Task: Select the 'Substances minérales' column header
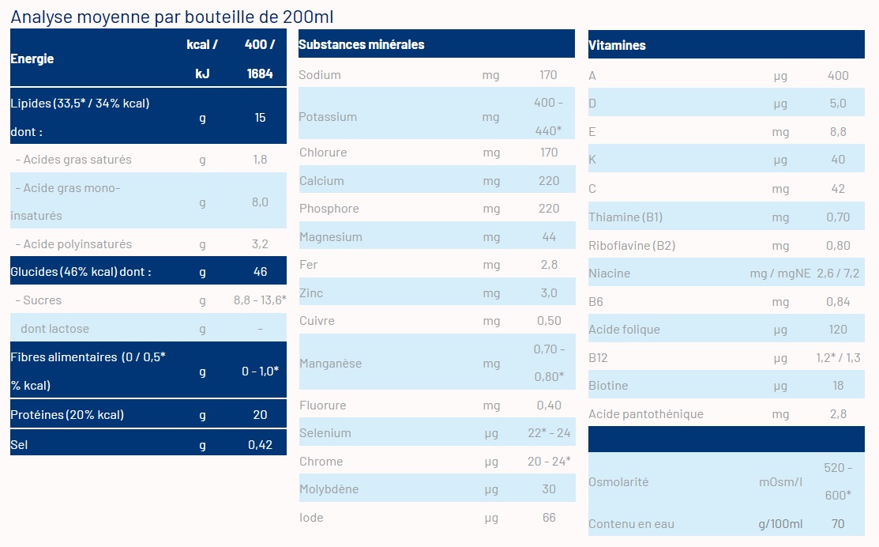tap(361, 44)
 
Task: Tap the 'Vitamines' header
tap(617, 45)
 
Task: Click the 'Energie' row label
tap(32, 58)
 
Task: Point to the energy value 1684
tap(260, 74)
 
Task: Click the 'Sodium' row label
tap(320, 75)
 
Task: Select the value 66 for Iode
tap(549, 518)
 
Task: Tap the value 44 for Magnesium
tap(549, 237)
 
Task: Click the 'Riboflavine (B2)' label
tap(632, 245)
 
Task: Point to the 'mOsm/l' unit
tap(780, 481)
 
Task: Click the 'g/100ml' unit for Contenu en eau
tap(780, 524)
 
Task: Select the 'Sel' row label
tap(19, 445)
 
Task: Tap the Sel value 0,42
tap(260, 445)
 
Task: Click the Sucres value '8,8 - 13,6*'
tap(260, 300)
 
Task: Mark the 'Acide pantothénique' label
tap(645, 414)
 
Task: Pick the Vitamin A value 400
tap(837, 76)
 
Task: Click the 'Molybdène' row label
tap(329, 489)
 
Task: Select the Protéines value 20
tap(260, 415)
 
